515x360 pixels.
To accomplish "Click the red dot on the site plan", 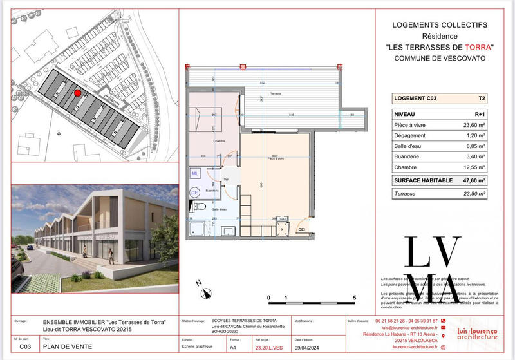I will (x=78, y=93).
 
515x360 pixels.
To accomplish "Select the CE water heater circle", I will (x=194, y=192).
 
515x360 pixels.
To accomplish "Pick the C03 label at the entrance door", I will (x=301, y=229).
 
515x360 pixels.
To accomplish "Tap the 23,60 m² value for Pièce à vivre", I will (x=478, y=125).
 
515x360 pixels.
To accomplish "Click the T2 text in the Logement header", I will (x=481, y=99).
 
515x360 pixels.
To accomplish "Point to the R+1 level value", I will (x=480, y=113).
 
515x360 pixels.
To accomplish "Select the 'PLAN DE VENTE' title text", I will (x=67, y=346).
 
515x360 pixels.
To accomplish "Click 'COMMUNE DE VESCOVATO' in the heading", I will (x=439, y=58).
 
